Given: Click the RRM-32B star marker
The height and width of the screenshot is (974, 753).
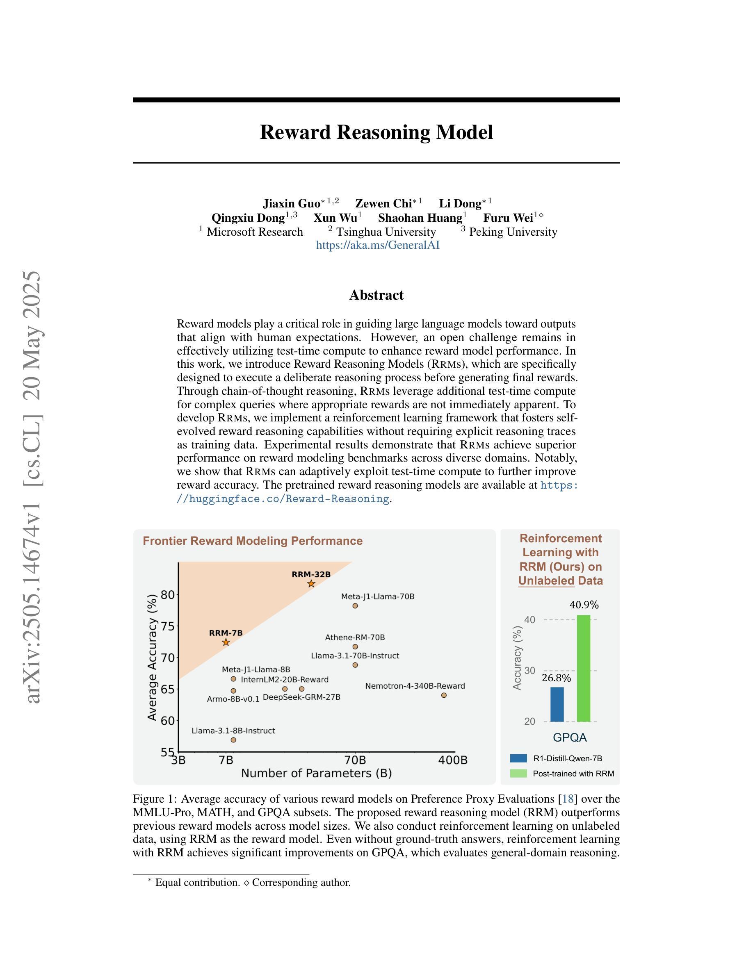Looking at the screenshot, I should [311, 584].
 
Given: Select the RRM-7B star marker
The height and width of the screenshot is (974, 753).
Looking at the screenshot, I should [226, 642].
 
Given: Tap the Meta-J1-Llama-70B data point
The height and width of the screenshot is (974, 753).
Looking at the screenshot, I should [355, 605].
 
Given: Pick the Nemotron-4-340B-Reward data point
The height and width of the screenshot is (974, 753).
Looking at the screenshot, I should [444, 695].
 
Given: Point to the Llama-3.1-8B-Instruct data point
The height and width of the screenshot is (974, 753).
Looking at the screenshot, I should [233, 740].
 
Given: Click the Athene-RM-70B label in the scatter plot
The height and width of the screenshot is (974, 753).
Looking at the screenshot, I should [355, 637].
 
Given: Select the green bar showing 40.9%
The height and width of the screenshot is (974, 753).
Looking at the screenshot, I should [584, 668].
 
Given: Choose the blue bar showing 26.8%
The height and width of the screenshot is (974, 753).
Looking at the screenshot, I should [557, 704].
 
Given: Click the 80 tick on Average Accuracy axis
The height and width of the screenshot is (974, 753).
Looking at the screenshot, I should [168, 594].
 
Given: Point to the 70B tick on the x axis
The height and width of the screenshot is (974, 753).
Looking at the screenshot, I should [355, 760].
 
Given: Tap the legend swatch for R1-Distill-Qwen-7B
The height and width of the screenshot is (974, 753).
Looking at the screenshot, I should [518, 758].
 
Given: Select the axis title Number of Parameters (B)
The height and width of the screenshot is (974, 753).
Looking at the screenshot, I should [316, 773].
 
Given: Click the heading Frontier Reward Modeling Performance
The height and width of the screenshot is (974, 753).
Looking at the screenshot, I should [253, 541].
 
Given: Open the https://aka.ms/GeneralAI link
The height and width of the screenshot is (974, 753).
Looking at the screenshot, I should [378, 245].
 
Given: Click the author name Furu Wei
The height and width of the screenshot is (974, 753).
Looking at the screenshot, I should [508, 218].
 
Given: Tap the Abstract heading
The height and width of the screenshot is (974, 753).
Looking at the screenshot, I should [376, 295].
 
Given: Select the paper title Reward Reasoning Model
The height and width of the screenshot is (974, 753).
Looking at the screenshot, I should [376, 132].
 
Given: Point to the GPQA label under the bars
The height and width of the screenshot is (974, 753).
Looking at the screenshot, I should [570, 737].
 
